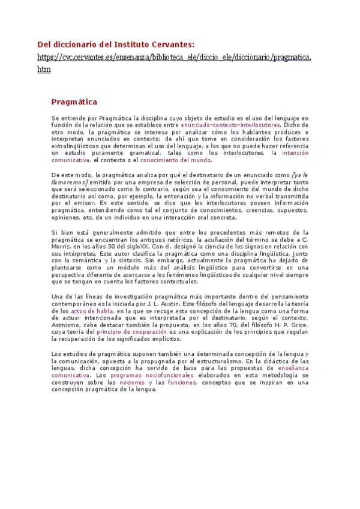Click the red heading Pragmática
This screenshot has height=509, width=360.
(74, 102)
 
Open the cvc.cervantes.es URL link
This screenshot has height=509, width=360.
(174, 57)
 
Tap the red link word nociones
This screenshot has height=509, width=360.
(132, 382)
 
